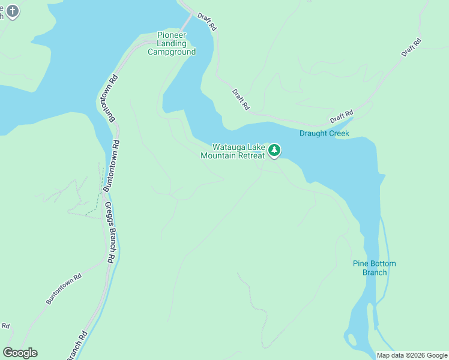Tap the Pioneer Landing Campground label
tap(172, 43)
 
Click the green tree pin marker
tap(274, 149)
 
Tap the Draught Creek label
tap(324, 133)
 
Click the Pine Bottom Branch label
tap(374, 268)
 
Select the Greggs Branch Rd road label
tap(110, 233)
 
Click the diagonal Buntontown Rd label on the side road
tap(64, 290)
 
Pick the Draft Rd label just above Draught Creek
tap(342, 114)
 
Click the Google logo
tap(20, 353)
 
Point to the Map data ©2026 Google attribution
tap(412, 355)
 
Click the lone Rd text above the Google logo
tap(5, 326)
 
